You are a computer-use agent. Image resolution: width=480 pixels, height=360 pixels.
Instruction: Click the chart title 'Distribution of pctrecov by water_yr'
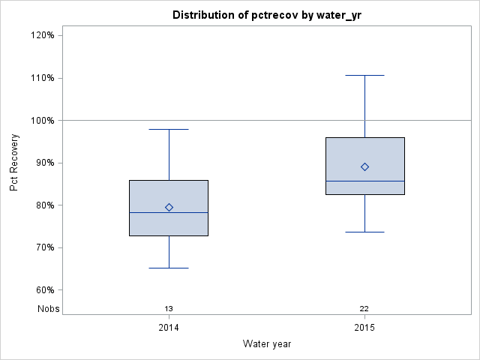coord(266,15)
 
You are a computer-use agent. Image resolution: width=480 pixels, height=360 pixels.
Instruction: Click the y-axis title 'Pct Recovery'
coord(14,163)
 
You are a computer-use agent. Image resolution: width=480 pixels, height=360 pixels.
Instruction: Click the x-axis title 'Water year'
coord(267,343)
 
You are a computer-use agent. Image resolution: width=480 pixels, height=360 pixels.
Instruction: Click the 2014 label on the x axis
coord(169,328)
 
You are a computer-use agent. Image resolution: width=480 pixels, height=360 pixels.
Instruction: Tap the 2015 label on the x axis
coord(364,328)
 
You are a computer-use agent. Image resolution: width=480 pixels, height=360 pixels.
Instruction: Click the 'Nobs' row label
coord(49,308)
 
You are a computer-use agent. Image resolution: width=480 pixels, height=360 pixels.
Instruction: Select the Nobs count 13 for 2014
coord(169,308)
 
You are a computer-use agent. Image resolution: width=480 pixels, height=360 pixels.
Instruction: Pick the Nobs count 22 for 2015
coord(364,308)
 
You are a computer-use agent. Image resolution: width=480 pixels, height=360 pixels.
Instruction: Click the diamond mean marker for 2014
coord(169,207)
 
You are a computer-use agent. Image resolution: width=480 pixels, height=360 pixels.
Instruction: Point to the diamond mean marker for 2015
coord(364,166)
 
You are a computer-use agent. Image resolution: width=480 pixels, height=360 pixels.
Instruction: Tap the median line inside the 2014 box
coord(169,212)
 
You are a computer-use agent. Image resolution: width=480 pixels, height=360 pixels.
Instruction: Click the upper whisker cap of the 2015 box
coord(364,75)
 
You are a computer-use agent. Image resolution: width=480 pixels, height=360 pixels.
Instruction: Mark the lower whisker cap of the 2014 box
coord(169,268)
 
